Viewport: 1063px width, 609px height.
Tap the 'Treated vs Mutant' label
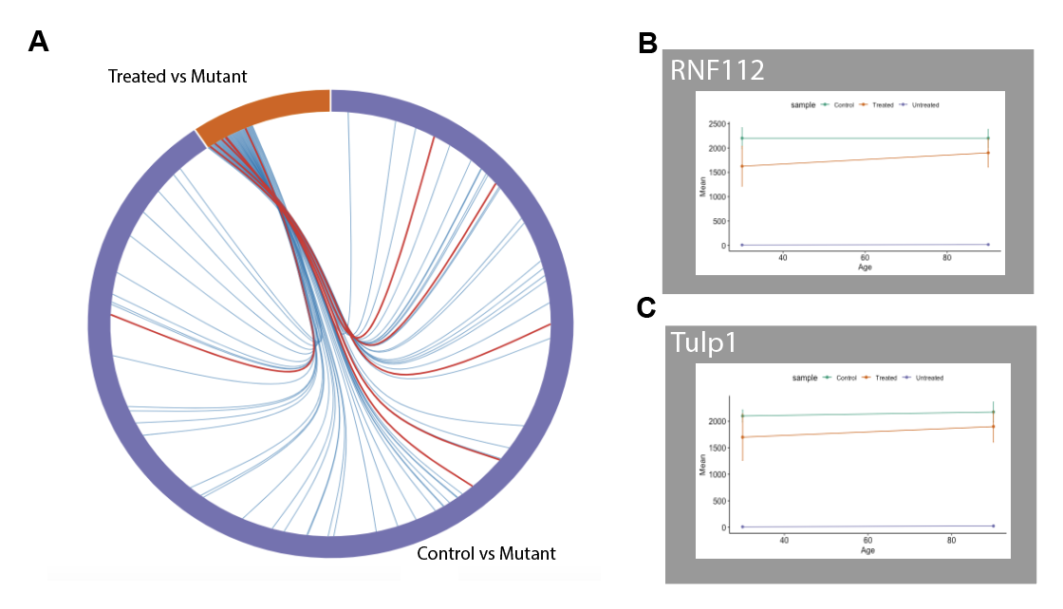[177, 75]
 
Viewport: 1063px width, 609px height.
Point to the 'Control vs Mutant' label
[486, 553]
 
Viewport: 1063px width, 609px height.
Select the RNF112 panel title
[718, 71]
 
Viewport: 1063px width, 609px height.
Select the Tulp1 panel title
[702, 342]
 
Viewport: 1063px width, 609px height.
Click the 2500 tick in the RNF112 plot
[716, 125]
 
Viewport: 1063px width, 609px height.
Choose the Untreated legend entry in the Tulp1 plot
[926, 378]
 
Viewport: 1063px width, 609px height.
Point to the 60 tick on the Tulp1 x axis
[867, 540]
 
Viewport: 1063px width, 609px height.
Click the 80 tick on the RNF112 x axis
[947, 257]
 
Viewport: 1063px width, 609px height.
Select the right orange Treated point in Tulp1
[993, 426]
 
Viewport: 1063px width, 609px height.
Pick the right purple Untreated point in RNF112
[988, 245]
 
